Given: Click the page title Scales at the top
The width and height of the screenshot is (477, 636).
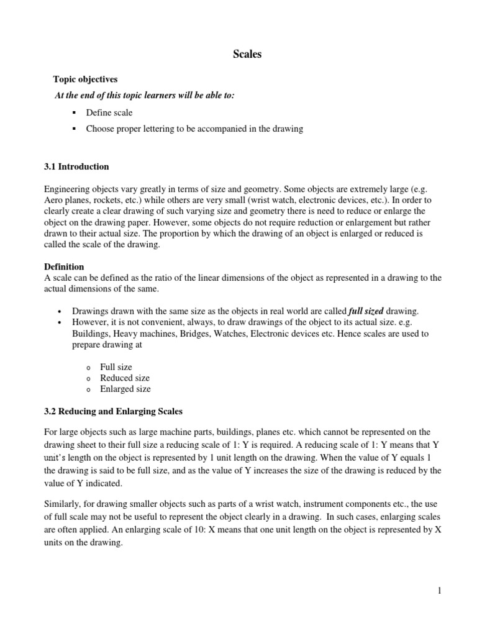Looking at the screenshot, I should [247, 55].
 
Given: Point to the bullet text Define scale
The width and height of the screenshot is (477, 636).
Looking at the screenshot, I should [109, 112].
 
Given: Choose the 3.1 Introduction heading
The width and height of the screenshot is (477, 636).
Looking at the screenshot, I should [77, 166].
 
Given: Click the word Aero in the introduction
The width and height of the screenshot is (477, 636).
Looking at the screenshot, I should [55, 202].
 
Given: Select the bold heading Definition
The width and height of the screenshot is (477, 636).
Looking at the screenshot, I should [64, 266].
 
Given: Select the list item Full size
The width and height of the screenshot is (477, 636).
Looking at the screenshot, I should [116, 367].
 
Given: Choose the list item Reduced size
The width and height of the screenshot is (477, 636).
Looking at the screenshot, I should [125, 378].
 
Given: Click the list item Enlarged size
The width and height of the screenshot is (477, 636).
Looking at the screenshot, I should [125, 389].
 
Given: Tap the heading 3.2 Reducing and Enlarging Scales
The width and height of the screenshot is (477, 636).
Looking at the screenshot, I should [113, 411].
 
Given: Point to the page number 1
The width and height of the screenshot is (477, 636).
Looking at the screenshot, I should [439, 591].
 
